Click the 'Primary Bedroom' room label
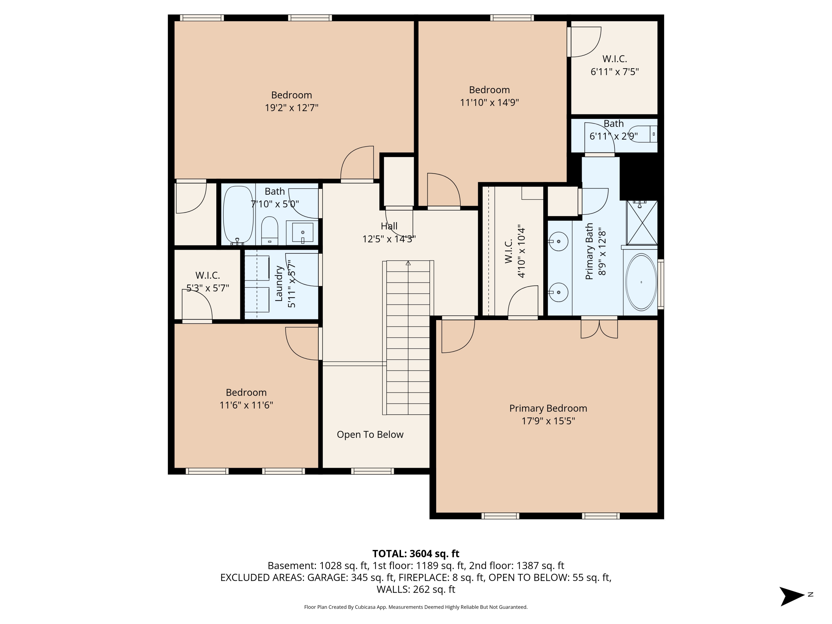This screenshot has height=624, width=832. (548, 408)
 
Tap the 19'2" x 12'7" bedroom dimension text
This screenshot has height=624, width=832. (291, 108)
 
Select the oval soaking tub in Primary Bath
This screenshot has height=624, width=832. (641, 282)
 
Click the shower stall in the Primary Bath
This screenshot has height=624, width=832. (642, 223)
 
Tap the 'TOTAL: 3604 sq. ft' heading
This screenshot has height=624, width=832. (416, 554)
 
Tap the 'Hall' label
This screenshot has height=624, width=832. (389, 226)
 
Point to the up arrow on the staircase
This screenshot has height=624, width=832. (408, 263)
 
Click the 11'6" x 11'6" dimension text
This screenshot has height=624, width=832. (246, 405)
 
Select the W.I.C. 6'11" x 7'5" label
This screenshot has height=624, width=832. (615, 65)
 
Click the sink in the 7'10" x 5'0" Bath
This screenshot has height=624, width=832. (302, 232)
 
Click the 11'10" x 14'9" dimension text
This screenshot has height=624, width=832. (489, 102)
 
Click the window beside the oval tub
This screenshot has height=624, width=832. (661, 284)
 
